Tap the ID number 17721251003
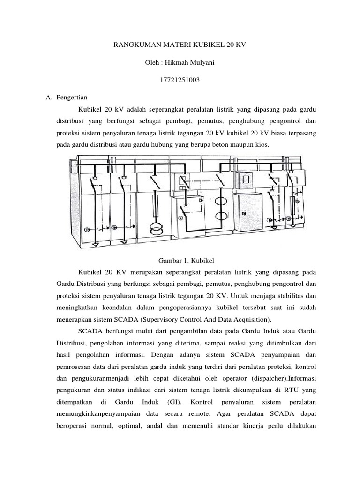point(180,81)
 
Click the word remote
point(202,414)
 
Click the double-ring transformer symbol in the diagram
point(155,228)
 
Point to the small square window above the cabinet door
point(244,179)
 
